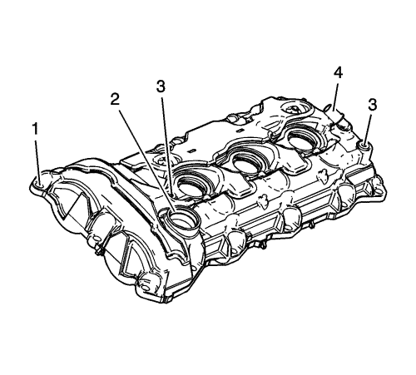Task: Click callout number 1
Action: [35, 130]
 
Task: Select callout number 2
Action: [115, 99]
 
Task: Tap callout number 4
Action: [338, 73]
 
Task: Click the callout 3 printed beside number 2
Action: [161, 86]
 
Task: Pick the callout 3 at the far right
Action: [373, 105]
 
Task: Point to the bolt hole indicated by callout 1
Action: [40, 183]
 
